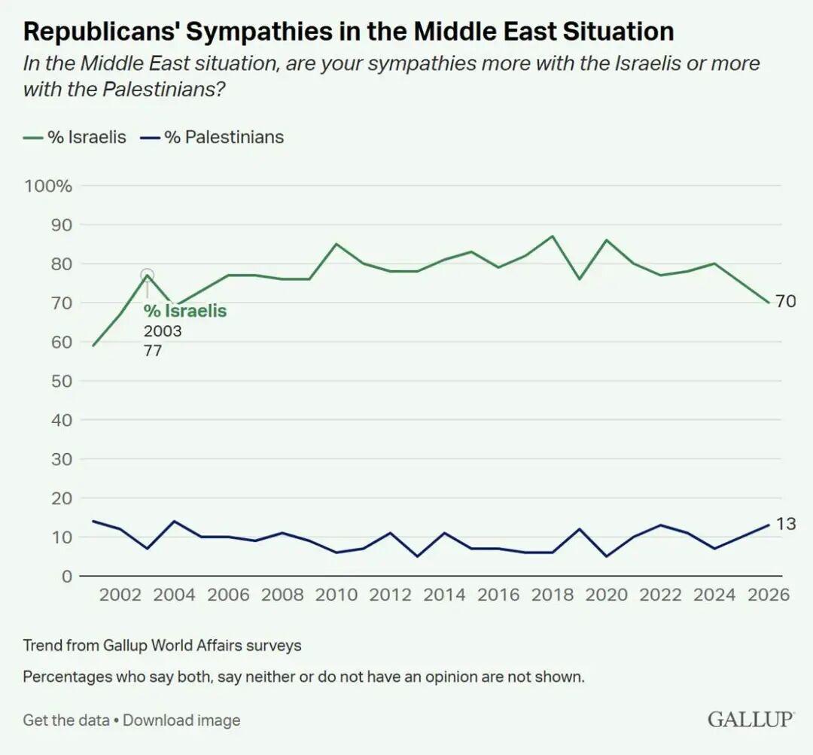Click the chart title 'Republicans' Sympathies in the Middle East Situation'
(349, 32)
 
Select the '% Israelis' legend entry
(75, 137)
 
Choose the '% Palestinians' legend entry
(212, 137)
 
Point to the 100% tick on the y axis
(48, 186)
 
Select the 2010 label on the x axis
(336, 595)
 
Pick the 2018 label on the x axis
(552, 595)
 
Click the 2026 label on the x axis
(768, 595)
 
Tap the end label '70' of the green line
(786, 302)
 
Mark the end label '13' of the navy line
(786, 524)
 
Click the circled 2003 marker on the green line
(148, 276)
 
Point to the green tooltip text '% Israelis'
(185, 312)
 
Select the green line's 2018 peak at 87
(553, 236)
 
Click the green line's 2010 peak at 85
(336, 244)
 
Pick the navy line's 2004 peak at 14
(174, 521)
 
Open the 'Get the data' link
(65, 720)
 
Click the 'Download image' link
(181, 720)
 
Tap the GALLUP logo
(751, 719)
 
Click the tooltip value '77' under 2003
(153, 350)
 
